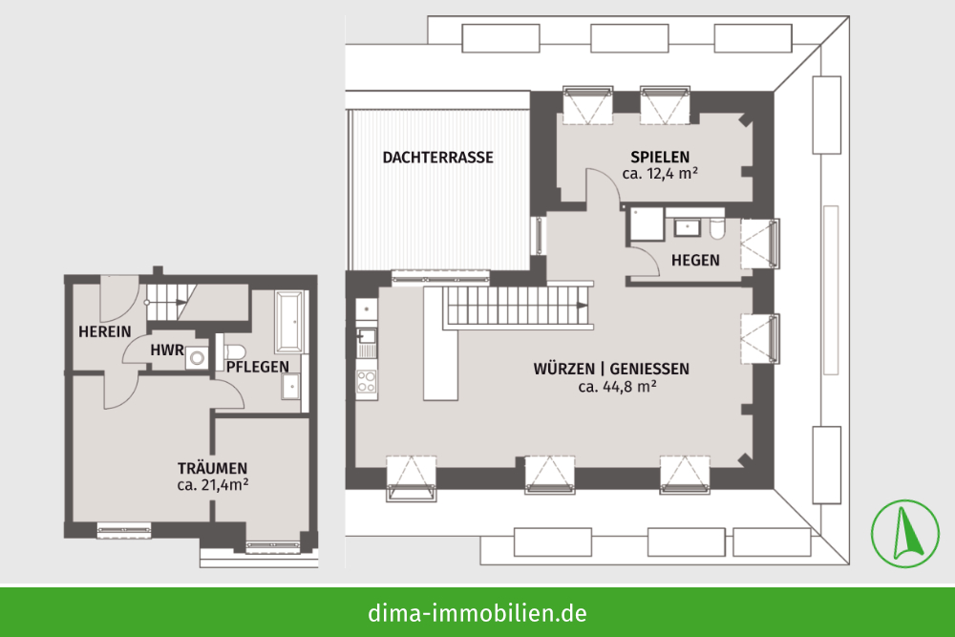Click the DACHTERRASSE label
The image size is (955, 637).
438,158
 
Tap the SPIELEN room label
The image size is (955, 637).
660,158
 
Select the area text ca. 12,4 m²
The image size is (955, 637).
660,174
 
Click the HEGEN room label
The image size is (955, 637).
695,261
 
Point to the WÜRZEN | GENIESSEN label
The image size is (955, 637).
611,369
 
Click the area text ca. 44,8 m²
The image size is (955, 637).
618,386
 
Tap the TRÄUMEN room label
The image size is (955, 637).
213,468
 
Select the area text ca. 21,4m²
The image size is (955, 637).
213,485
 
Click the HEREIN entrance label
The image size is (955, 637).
105,332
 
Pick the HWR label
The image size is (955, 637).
167,350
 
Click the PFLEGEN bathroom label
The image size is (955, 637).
258,368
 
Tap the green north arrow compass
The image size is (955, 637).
905,534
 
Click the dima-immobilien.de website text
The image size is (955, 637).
477,613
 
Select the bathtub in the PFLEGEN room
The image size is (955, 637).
289,322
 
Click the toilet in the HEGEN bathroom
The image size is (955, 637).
717,227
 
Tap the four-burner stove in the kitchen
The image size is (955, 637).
367,381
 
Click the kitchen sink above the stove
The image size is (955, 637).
367,335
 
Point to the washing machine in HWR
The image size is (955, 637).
197,357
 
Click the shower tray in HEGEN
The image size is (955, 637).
647,223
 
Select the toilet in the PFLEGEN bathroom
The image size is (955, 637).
233,352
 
